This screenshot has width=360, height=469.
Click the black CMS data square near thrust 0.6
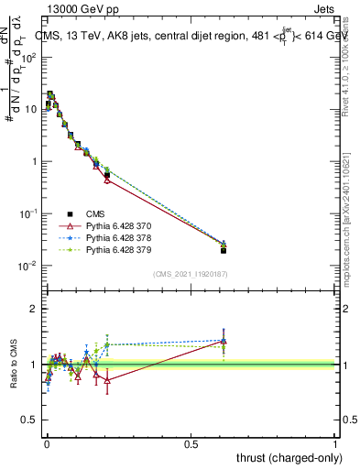(x=224, y=249)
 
